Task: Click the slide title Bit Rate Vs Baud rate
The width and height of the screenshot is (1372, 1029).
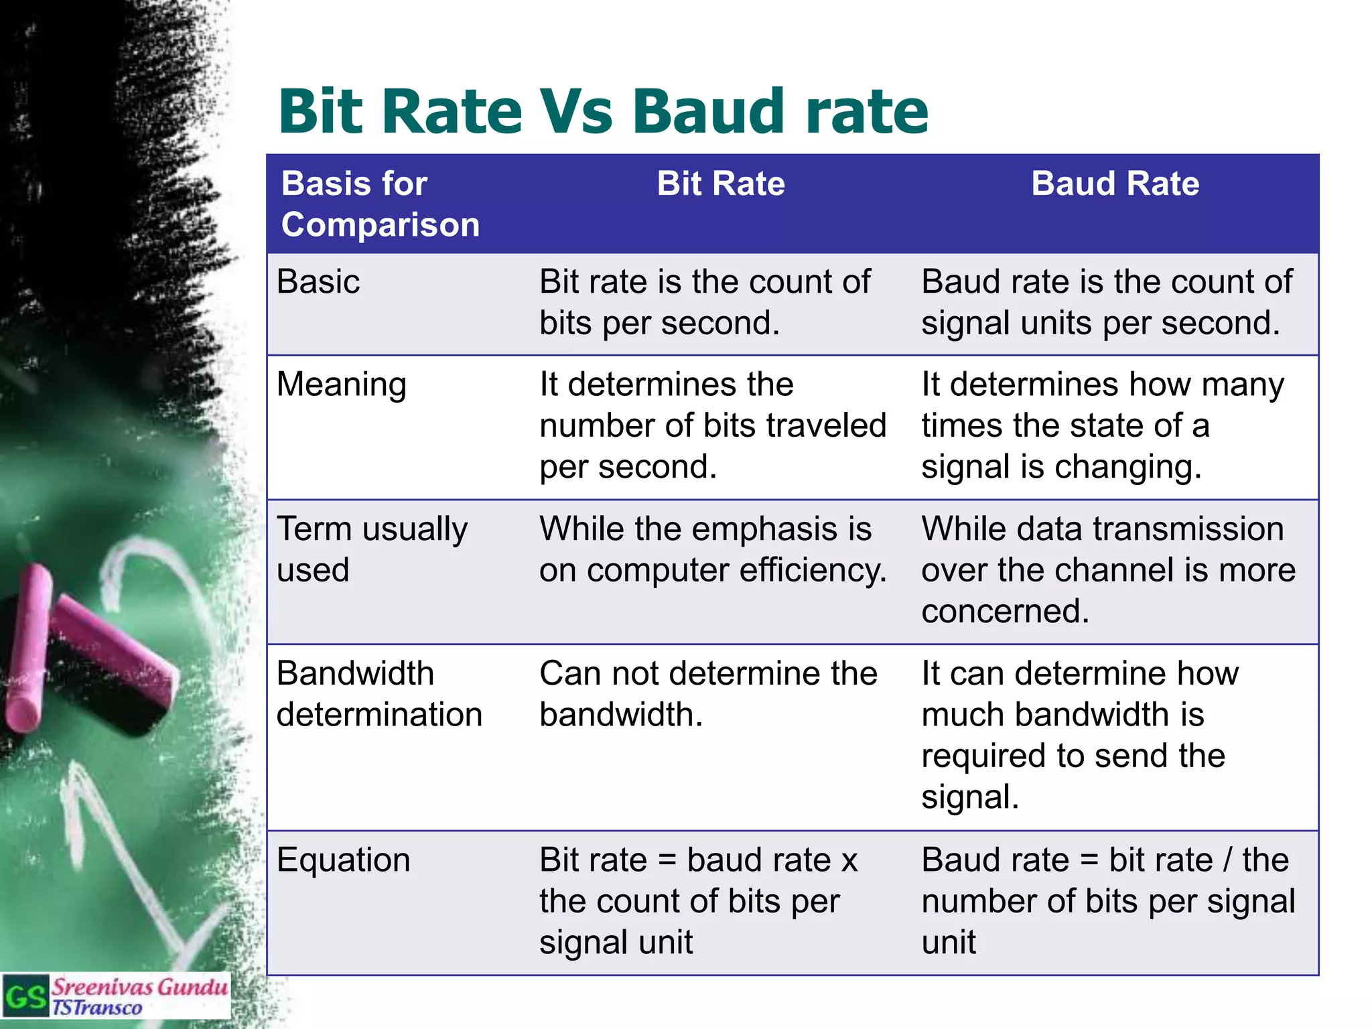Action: pyautogui.click(x=603, y=111)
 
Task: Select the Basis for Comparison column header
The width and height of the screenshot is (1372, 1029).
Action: pyautogui.click(x=380, y=204)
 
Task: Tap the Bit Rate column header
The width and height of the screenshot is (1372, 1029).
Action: pyautogui.click(x=720, y=184)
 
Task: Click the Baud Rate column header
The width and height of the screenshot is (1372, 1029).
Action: pyautogui.click(x=1115, y=184)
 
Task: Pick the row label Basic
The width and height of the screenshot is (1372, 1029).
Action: pyautogui.click(x=318, y=281)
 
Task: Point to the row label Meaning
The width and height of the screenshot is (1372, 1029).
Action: pyautogui.click(x=342, y=385)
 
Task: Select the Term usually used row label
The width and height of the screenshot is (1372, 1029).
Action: pyautogui.click(x=372, y=549)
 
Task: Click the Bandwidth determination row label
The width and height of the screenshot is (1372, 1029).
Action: pyautogui.click(x=379, y=694)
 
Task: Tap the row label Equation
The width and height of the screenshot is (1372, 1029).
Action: pyautogui.click(x=343, y=860)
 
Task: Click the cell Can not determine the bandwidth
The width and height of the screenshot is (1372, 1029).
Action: pyautogui.click(x=708, y=694)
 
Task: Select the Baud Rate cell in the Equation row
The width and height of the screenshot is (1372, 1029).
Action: pyautogui.click(x=1107, y=900)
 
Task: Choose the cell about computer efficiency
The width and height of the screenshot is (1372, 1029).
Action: pyautogui.click(x=712, y=549)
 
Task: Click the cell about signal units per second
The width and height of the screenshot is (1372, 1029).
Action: pyautogui.click(x=1106, y=303)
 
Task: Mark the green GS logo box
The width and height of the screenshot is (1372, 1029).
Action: pyautogui.click(x=25, y=996)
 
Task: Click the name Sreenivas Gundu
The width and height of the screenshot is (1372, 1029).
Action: pyautogui.click(x=139, y=987)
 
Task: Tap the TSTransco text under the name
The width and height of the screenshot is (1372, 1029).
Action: pyautogui.click(x=97, y=1008)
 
